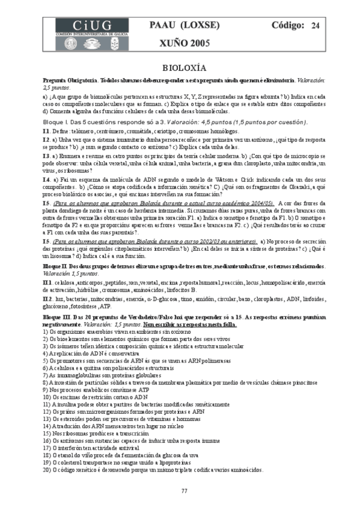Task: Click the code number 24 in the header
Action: [315, 25]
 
